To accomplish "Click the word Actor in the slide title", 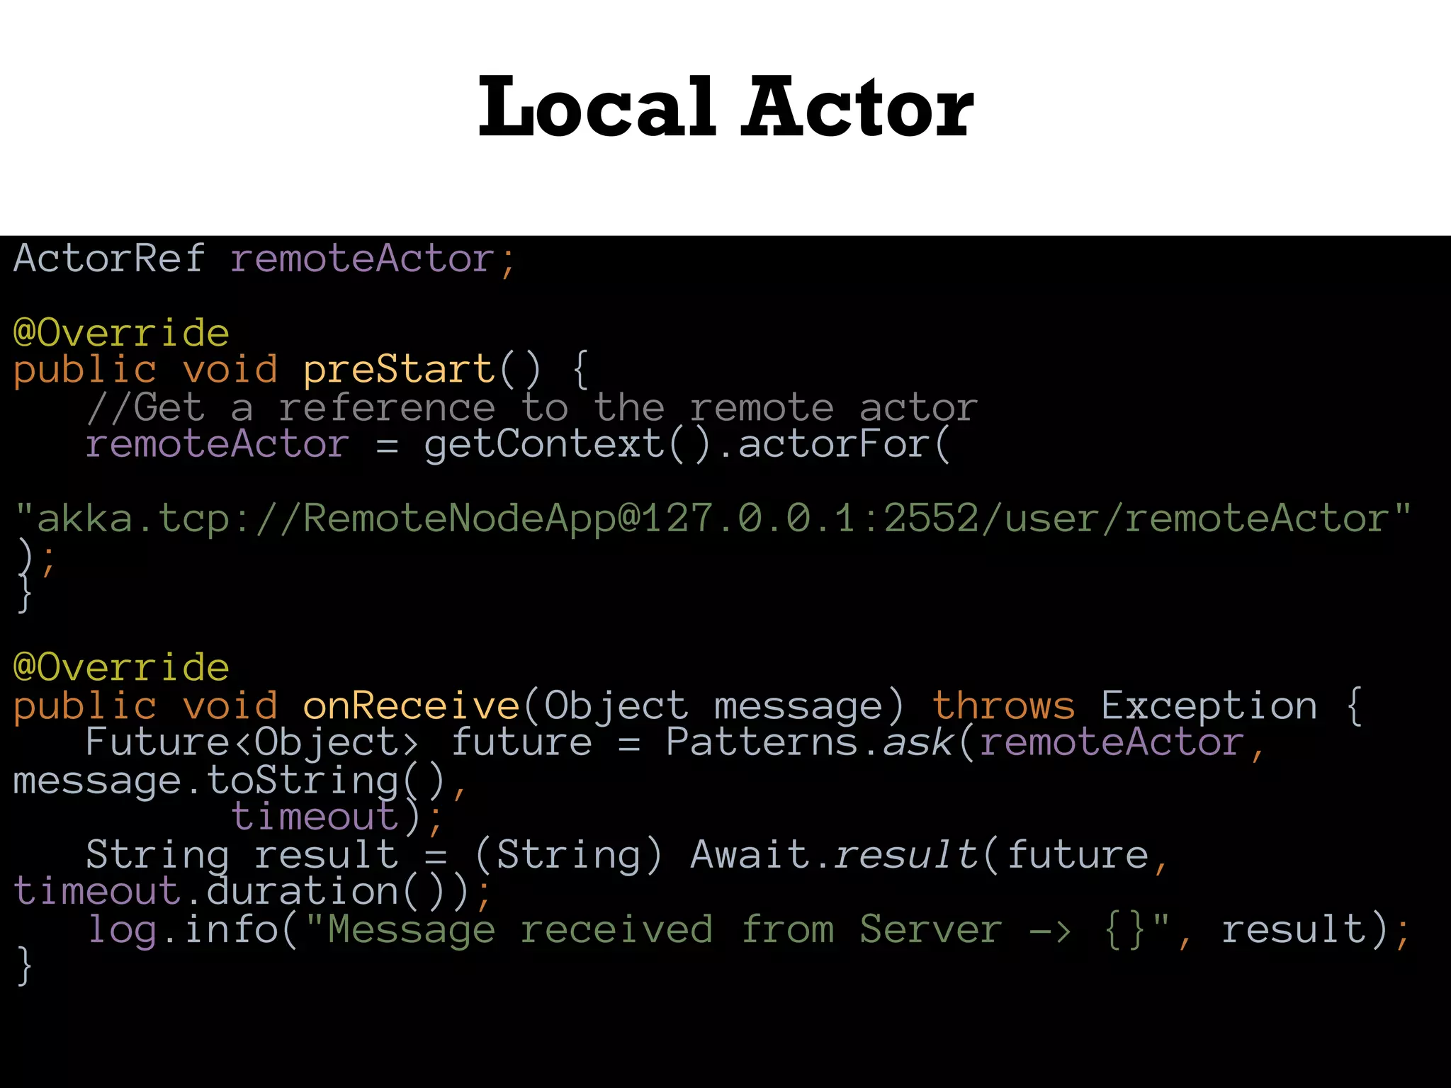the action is pos(857,108).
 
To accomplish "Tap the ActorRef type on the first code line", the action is pos(109,258).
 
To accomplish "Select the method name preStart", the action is pos(399,369).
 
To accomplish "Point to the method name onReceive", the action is pos(411,705).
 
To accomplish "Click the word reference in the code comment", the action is pos(386,407).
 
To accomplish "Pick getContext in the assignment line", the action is pos(544,445).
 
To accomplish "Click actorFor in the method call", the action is pos(833,445).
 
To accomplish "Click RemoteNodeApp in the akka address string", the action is pos(459,518).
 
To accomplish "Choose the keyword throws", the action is pos(1003,705).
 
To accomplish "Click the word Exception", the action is pos(1209,705).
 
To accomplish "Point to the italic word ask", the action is pos(918,742).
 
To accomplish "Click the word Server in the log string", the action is pos(931,929).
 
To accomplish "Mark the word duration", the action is pos(303,891).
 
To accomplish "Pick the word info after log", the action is pos(232,929).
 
